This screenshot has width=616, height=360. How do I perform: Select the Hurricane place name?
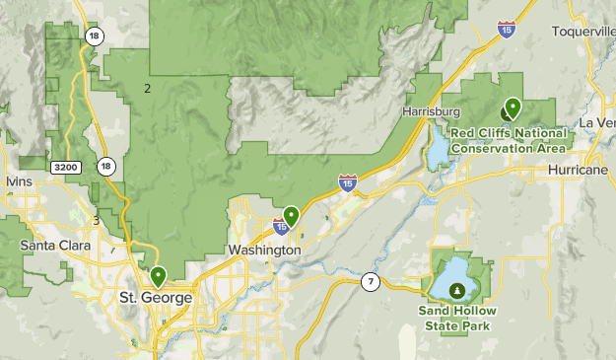point(582,171)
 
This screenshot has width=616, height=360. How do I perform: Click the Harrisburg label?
point(432,111)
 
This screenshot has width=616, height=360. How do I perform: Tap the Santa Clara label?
point(55,245)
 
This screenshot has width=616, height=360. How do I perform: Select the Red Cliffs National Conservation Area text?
point(509,140)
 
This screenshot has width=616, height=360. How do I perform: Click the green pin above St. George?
point(158,276)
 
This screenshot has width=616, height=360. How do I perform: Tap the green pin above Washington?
point(291,214)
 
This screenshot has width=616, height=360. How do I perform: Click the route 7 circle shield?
point(369,282)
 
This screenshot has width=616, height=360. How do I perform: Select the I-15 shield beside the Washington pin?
point(282,228)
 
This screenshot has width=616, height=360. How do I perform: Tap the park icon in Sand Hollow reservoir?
point(457,290)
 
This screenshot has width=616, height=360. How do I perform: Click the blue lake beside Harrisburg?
point(436,154)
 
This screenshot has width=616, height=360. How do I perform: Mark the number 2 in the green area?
point(147,89)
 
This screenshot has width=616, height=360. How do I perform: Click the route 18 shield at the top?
point(94,36)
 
